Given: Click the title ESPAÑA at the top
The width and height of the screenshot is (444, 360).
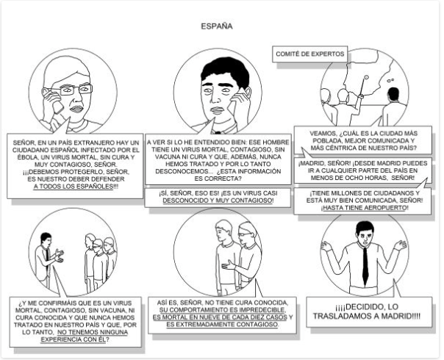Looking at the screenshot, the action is click(217, 26).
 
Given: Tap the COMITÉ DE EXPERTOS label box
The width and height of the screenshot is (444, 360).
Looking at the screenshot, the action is click(309, 54).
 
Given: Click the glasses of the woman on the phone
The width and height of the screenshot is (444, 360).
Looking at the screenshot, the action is click(76, 90).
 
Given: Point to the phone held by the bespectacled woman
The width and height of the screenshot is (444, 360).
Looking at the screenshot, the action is click(56, 101).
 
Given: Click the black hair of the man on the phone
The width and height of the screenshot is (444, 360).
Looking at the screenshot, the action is click(225, 71).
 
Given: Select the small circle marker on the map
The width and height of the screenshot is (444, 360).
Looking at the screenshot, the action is click(366, 76).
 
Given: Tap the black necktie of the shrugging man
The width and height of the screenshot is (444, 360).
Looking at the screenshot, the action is click(365, 265).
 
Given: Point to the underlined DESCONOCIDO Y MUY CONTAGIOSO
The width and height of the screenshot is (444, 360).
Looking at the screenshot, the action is click(218, 201).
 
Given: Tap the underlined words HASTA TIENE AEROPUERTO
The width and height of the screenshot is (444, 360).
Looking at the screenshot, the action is click(365, 208).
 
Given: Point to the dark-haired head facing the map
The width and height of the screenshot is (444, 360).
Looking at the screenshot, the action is click(393, 93).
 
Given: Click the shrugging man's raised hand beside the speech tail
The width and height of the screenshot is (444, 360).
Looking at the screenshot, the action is click(401, 245).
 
